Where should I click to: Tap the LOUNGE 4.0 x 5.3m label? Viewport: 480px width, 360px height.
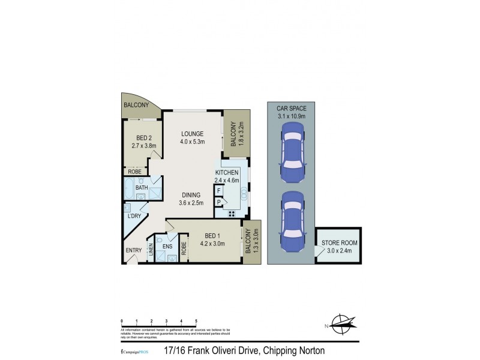(x=193, y=137)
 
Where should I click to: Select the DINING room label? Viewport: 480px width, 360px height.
(x=191, y=199)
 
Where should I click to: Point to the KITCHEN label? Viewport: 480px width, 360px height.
(x=227, y=176)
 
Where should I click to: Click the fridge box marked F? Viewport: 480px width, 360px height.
(x=219, y=191)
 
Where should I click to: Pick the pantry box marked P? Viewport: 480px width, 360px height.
(x=219, y=202)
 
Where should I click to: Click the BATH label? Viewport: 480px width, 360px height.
(x=142, y=188)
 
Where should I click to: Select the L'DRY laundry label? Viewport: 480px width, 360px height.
(x=133, y=216)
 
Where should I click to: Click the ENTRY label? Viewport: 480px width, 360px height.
(x=133, y=251)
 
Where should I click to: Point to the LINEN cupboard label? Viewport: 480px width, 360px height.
(x=151, y=248)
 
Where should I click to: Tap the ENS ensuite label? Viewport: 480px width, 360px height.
(x=168, y=245)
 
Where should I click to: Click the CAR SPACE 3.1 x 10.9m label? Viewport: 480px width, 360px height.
(x=291, y=112)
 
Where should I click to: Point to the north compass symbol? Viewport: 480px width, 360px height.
(x=341, y=325)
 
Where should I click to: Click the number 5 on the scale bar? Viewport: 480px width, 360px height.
(x=196, y=322)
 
